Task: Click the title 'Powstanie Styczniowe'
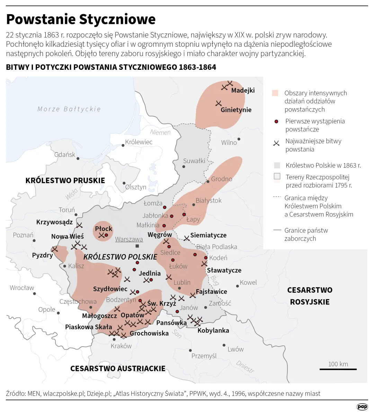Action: click(81, 19)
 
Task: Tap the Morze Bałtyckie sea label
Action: click(69, 109)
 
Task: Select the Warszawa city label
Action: click(129, 239)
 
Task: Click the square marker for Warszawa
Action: click(137, 246)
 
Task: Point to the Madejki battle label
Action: click(243, 91)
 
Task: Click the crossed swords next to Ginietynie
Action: click(219, 103)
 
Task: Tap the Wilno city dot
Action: click(239, 139)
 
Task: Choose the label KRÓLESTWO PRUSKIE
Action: click(65, 180)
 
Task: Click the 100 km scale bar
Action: click(338, 369)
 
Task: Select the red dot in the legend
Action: click(276, 122)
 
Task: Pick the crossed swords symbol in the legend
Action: click(276, 143)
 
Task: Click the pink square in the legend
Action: click(275, 93)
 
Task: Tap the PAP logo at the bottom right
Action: click(362, 407)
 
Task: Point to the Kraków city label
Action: click(121, 346)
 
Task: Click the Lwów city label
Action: click(235, 349)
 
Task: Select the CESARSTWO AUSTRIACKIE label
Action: click(118, 369)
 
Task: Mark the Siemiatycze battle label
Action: click(208, 235)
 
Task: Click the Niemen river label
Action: click(160, 132)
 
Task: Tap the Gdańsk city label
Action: click(65, 154)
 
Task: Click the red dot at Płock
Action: click(107, 235)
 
